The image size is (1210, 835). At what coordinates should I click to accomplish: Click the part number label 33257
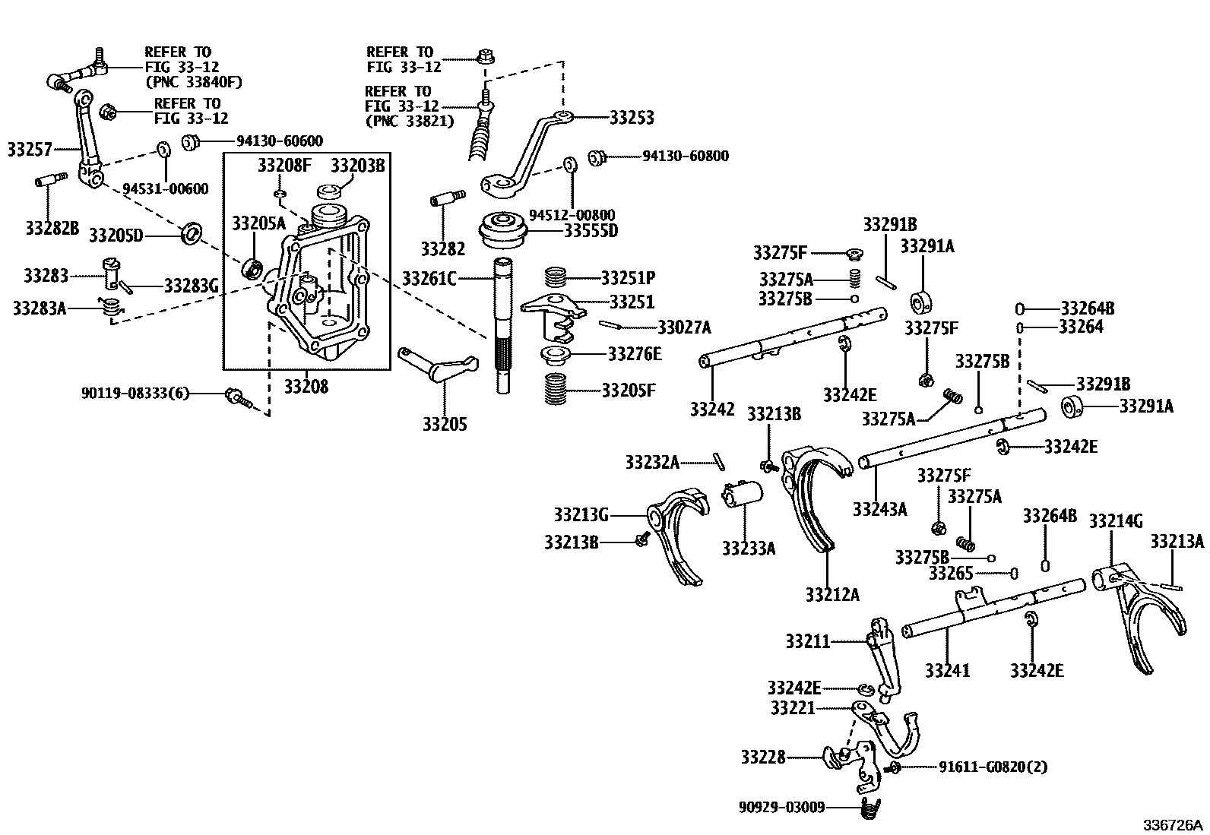point(30,149)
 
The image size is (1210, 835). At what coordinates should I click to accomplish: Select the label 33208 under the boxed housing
point(306,387)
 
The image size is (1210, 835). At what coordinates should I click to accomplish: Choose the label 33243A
point(879,508)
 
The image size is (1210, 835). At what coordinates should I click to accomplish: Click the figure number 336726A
point(1174,824)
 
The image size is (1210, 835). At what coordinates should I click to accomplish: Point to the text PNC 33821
point(409,120)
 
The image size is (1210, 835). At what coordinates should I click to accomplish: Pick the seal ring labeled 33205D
point(192,233)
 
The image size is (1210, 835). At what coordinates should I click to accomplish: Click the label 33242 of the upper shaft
point(712,409)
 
